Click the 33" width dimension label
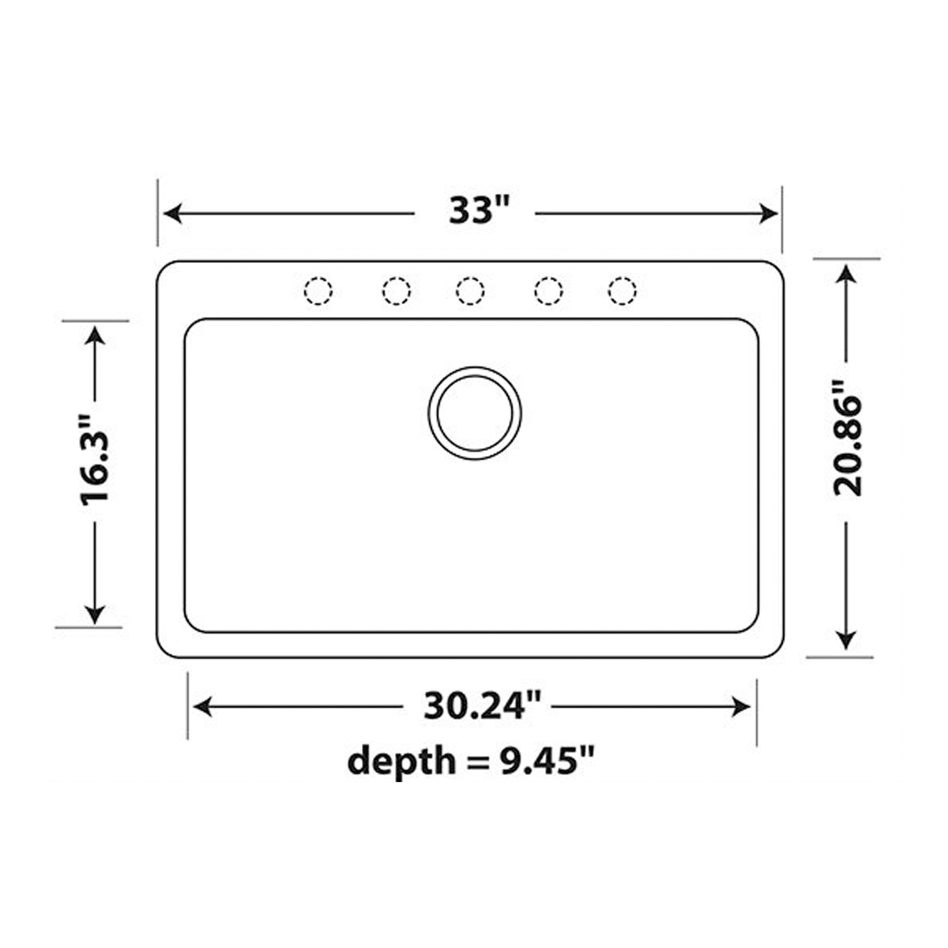click(x=475, y=211)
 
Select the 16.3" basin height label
click(x=96, y=472)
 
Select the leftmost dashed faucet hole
click(x=318, y=291)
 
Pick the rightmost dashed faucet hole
click(x=623, y=291)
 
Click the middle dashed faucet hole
click(x=470, y=291)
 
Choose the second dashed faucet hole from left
click(x=396, y=291)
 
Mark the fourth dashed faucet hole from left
click(x=547, y=291)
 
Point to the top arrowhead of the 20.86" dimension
click(x=846, y=273)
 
